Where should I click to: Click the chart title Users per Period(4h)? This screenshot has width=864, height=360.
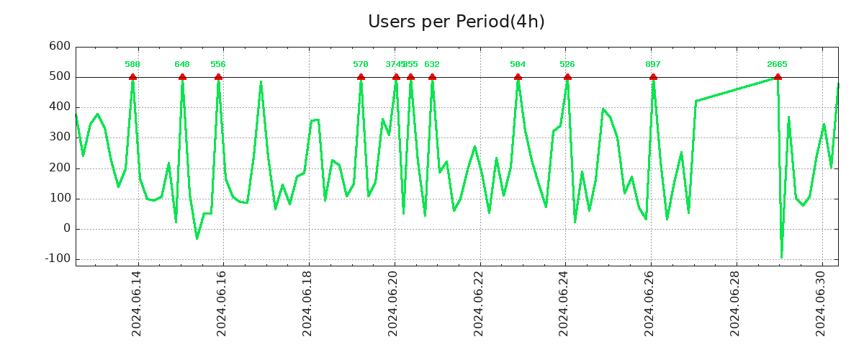coord(456,22)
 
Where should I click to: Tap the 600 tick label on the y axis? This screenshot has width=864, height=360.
coord(59,46)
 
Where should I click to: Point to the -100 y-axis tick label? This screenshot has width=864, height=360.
coord(56,258)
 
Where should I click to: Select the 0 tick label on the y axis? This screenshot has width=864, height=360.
coord(67,228)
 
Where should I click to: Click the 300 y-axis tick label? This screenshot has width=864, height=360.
coord(59,137)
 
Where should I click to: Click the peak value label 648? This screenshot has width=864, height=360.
coord(182,65)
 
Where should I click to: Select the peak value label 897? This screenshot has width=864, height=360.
coord(653,65)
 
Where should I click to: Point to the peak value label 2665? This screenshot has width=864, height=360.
coord(777,65)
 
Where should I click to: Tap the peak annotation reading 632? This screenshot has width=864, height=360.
coord(432,65)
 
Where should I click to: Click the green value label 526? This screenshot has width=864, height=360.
coord(567,65)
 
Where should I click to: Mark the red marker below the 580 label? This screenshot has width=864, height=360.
coord(132,77)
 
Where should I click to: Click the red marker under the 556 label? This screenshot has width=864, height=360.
coord(218,77)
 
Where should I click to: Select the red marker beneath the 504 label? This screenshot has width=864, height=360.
coord(518,77)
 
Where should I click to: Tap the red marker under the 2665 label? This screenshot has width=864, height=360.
coord(778,77)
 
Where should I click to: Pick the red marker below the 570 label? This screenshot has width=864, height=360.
coord(361,77)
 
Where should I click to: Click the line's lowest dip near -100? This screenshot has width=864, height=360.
coord(781,257)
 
